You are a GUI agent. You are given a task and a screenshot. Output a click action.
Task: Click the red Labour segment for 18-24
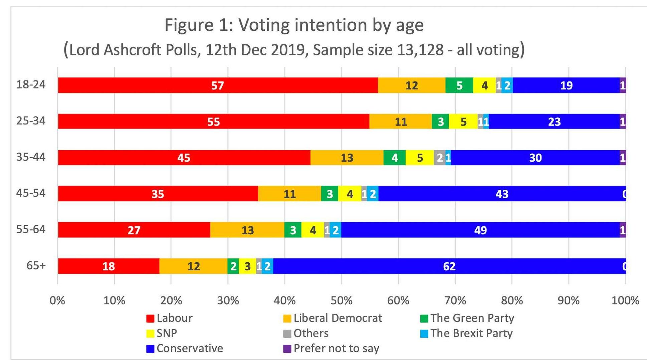[218, 85]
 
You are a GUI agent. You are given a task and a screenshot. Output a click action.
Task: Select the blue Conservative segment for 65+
[449, 266]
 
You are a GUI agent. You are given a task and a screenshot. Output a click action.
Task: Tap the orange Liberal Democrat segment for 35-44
[347, 157]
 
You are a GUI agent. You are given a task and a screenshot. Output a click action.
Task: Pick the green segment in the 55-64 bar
[293, 230]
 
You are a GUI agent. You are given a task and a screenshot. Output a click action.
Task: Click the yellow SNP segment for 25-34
[463, 121]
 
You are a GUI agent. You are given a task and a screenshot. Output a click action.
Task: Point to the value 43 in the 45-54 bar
[502, 194]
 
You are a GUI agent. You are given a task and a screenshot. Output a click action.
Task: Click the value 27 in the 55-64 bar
[134, 230]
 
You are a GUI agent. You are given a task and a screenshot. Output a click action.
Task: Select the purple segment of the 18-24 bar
[623, 85]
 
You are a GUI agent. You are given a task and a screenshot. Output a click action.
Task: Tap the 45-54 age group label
[31, 193]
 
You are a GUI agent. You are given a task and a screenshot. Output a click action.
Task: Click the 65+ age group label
[36, 266]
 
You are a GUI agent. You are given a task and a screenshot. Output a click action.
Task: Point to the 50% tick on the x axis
[341, 301]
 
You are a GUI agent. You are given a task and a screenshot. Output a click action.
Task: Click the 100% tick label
[625, 301]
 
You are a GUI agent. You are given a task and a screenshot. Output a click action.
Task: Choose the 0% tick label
[57, 301]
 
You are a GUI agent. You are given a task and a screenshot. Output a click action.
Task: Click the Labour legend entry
[170, 318]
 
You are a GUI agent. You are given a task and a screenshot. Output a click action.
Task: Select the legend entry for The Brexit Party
[467, 333]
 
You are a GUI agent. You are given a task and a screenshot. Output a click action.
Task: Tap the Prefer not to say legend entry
[331, 348]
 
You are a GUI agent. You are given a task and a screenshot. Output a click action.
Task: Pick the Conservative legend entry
[185, 348]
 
